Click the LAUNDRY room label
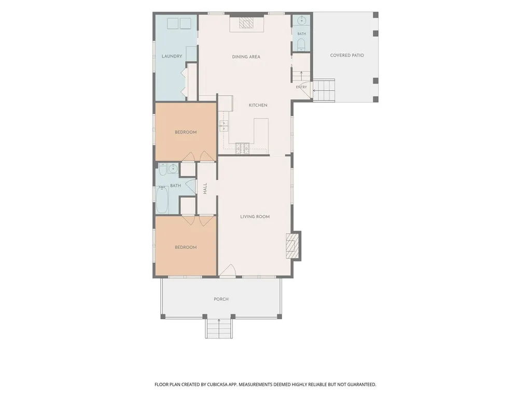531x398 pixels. [172, 56]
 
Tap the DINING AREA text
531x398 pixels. [246, 57]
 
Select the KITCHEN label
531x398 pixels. [258, 105]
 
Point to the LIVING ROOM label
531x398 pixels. [255, 217]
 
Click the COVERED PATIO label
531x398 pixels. [347, 55]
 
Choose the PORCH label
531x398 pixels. [221, 299]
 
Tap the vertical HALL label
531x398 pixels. [205, 189]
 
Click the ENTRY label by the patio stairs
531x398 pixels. [301, 87]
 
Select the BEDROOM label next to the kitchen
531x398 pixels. [186, 132]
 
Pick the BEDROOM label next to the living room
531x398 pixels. [186, 247]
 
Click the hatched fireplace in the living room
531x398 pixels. [292, 246]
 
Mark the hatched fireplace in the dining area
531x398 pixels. [246, 23]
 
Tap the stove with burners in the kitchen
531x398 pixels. [243, 148]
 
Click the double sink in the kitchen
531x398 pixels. [224, 125]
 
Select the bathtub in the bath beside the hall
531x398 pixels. [162, 200]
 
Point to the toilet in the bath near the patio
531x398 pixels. [301, 45]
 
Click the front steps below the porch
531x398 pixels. [219, 328]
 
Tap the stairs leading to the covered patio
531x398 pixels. [324, 90]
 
